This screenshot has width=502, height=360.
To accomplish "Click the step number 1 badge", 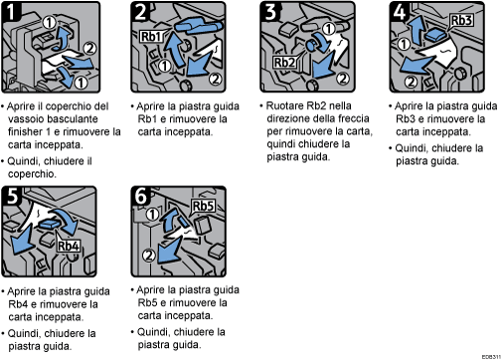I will (13, 13).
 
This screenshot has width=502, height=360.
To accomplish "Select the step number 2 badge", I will (140, 13).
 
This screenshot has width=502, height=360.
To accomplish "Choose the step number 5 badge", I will (13, 196).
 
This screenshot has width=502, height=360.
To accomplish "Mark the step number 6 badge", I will (140, 196).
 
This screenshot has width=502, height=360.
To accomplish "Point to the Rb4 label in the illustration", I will (70, 246).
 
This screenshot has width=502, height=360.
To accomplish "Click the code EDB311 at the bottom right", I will (488, 354).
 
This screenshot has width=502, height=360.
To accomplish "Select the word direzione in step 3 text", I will (287, 117).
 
